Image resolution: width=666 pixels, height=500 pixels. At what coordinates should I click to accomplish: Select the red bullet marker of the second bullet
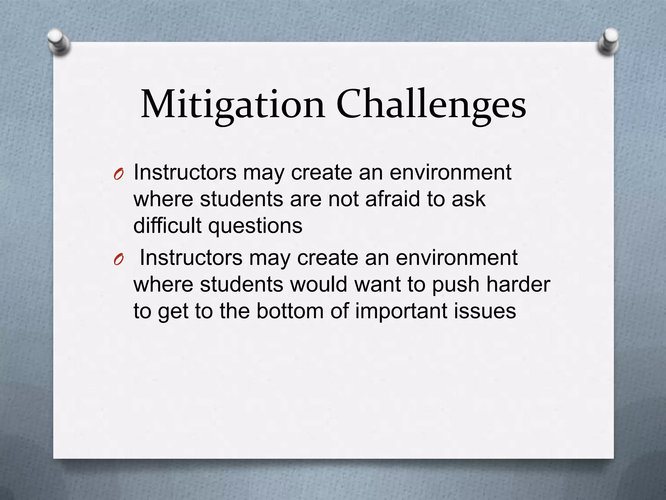pos(119,260)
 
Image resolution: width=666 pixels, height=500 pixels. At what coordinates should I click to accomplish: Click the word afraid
pos(393,199)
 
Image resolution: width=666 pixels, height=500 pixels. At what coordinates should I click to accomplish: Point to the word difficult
pos(167,225)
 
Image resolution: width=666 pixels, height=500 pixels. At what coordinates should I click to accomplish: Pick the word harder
pos(518,284)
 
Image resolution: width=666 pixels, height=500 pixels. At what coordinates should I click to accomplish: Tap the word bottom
pos(290,311)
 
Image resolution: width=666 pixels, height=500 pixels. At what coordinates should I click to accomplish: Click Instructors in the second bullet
pos(191,257)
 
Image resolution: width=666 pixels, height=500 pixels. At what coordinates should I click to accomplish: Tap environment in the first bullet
pos(450,172)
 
